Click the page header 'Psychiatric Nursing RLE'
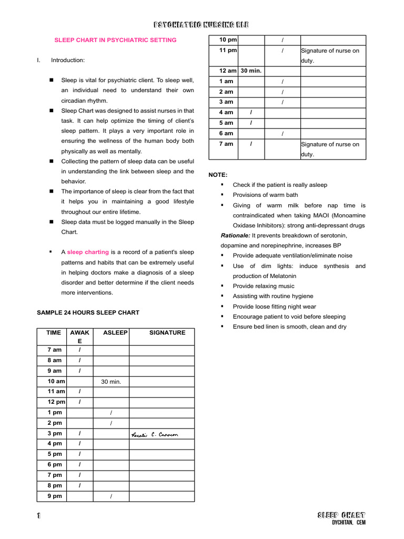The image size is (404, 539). pos(201,25)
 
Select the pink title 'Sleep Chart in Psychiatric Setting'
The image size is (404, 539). pos(116,40)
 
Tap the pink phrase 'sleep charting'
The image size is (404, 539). pos(88,252)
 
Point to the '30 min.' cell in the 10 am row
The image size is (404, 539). pos(111,381)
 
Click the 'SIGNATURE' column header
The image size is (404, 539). pos(167,333)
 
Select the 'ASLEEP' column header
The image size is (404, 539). pos(115,333)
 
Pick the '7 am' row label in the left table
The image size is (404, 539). pos(54,350)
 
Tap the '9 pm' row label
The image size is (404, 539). pos(54,496)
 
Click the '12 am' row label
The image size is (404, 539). pos(228,71)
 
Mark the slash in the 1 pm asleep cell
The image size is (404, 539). pos(111,413)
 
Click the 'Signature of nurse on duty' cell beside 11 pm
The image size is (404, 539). pos(330,55)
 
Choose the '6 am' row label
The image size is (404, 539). pos(226,133)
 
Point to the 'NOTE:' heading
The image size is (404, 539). pos(218,174)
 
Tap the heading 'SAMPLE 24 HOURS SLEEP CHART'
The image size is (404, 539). pos(88,312)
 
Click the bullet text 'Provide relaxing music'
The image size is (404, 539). pos(264,286)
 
